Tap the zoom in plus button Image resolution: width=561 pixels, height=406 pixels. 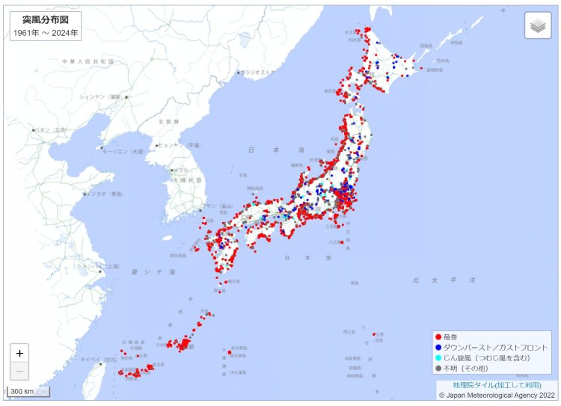tap(19, 353)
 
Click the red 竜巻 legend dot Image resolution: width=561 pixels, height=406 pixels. tap(438, 337)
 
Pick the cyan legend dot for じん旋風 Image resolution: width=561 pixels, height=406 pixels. tap(438, 358)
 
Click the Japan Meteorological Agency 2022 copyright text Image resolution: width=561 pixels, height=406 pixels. tap(497, 395)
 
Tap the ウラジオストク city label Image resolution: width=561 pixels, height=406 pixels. tap(258, 73)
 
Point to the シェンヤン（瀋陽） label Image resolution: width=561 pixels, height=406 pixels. tap(100, 96)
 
